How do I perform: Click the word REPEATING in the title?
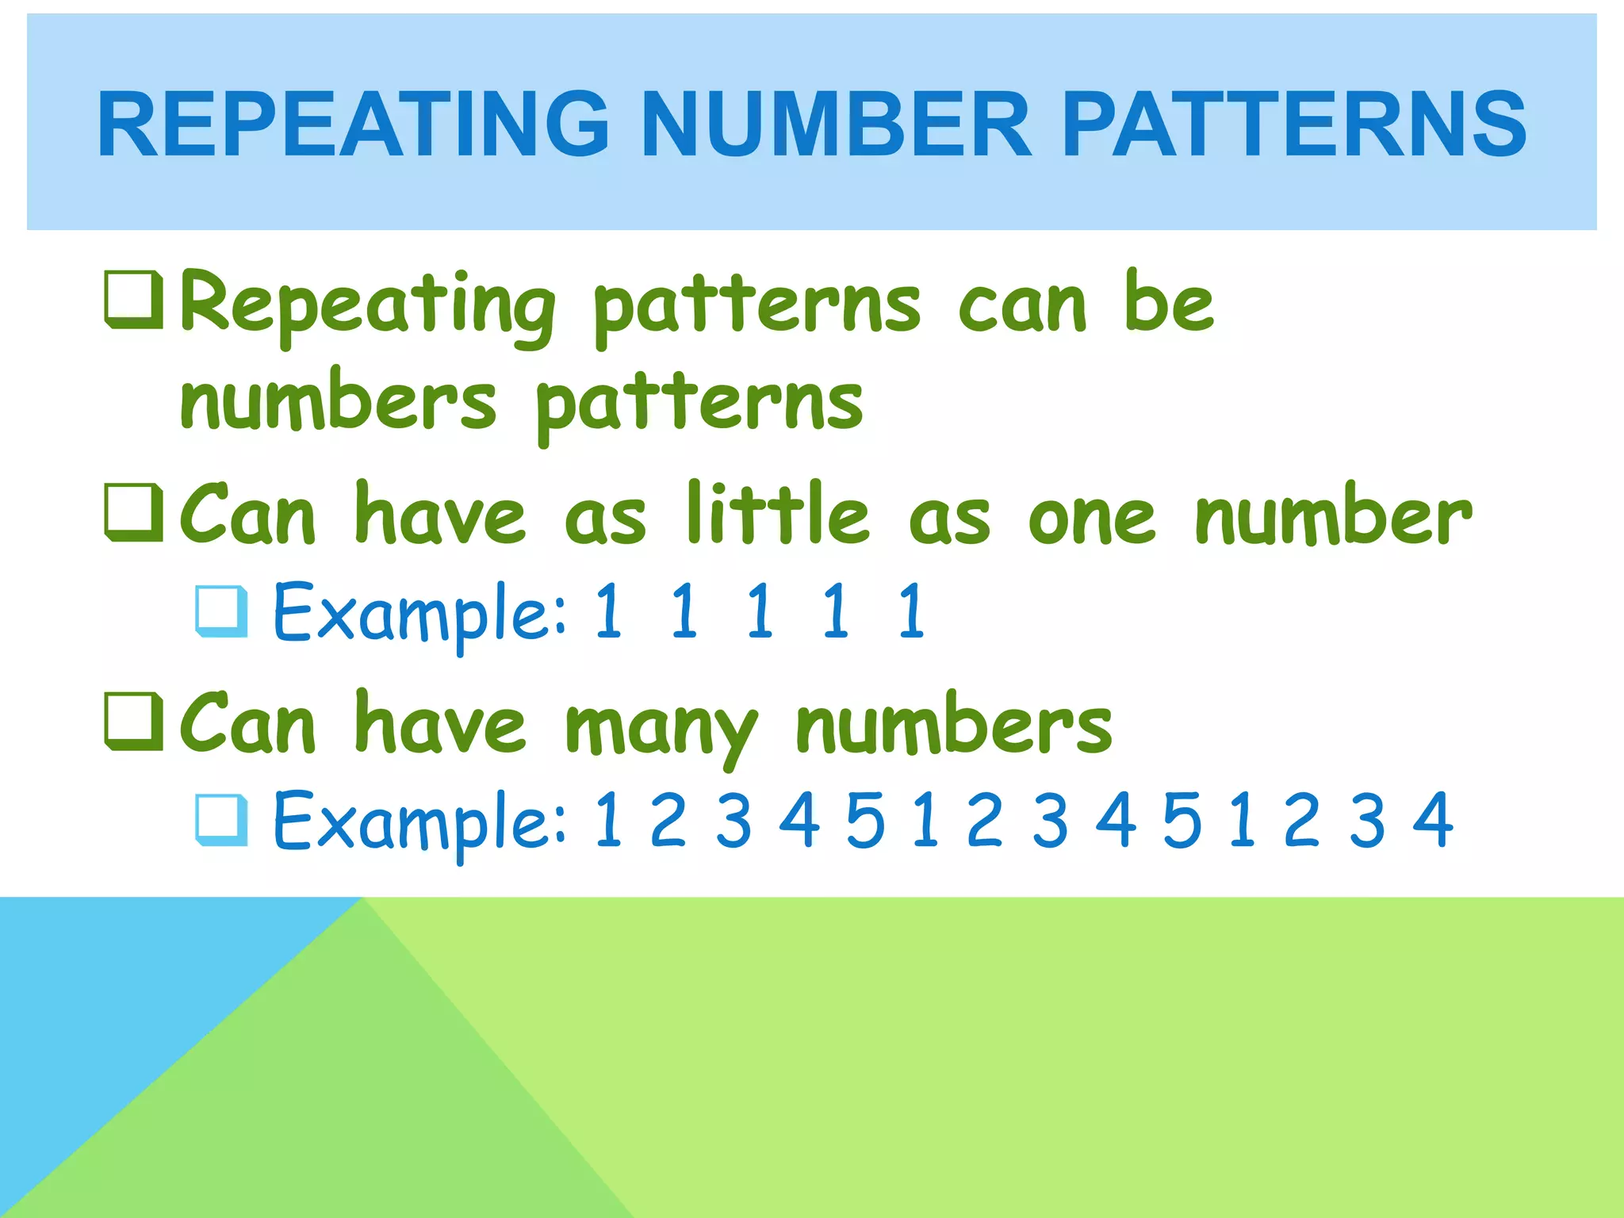[x=353, y=124]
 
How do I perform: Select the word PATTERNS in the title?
[x=1294, y=124]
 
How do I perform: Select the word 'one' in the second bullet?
[x=1091, y=519]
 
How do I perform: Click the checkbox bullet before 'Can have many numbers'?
[x=134, y=722]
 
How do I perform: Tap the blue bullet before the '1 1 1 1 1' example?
[x=221, y=611]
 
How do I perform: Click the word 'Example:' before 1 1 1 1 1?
[x=420, y=612]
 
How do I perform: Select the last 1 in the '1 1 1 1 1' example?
[x=912, y=610]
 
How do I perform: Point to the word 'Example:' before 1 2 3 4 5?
[x=420, y=822]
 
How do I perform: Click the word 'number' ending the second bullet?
[x=1333, y=515]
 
